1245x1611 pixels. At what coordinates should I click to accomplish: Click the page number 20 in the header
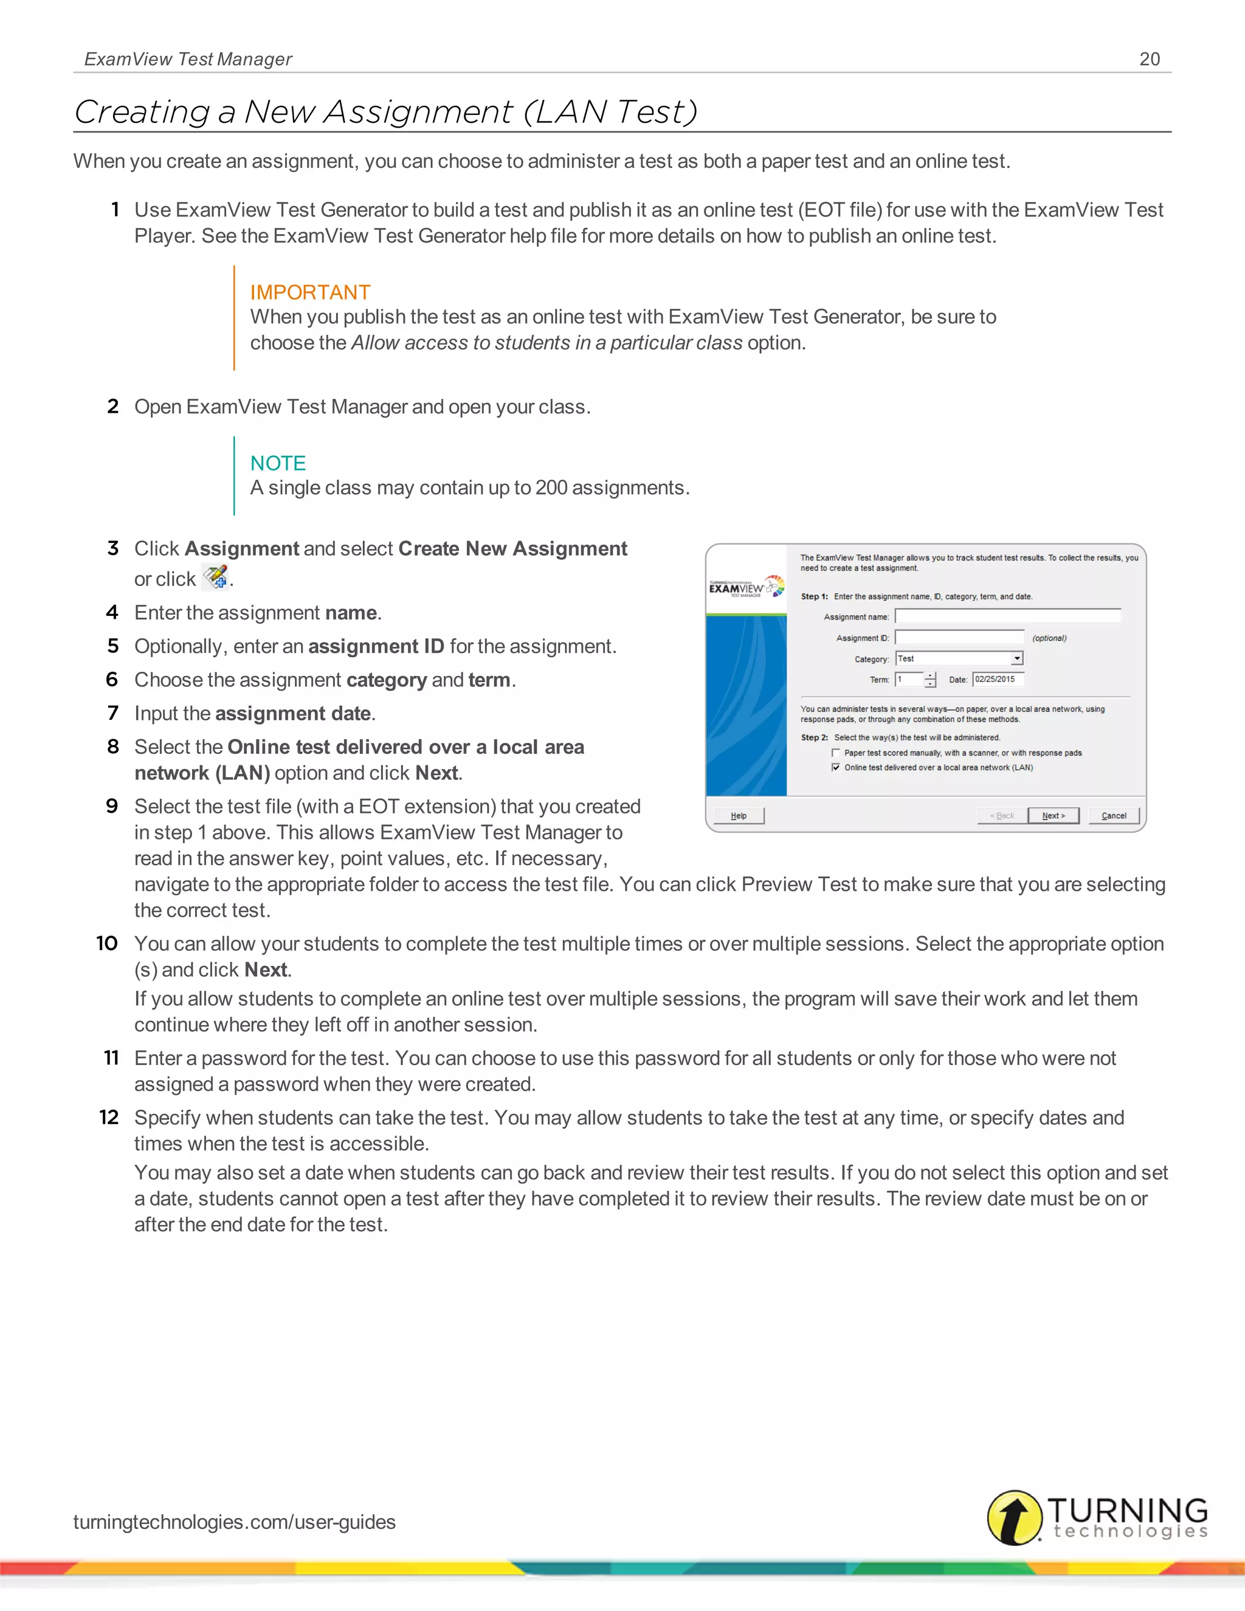pos(1149,59)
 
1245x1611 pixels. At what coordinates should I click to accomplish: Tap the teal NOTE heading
pos(278,463)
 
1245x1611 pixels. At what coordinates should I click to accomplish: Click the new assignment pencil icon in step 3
pos(215,577)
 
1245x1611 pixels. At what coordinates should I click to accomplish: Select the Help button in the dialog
pos(738,815)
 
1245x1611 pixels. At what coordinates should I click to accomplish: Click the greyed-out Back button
pos(1002,815)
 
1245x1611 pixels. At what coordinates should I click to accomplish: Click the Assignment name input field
pos(1007,616)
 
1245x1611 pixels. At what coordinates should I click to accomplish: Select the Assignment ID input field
pos(959,637)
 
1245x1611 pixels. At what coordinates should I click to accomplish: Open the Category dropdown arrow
pos(1017,659)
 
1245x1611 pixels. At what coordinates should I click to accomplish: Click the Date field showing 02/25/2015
pos(998,680)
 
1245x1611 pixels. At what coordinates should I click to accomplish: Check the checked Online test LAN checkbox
pos(836,767)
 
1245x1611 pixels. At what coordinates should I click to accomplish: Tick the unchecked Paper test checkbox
pos(836,753)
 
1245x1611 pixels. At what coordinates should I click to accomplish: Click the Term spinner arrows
pos(930,680)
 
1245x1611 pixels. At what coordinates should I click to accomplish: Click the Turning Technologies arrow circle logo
pos(1014,1517)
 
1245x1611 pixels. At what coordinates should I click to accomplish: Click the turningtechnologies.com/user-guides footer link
pos(235,1522)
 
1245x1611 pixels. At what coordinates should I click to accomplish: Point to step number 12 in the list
pos(109,1117)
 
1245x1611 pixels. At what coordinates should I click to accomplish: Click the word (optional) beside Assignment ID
pos(1049,638)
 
